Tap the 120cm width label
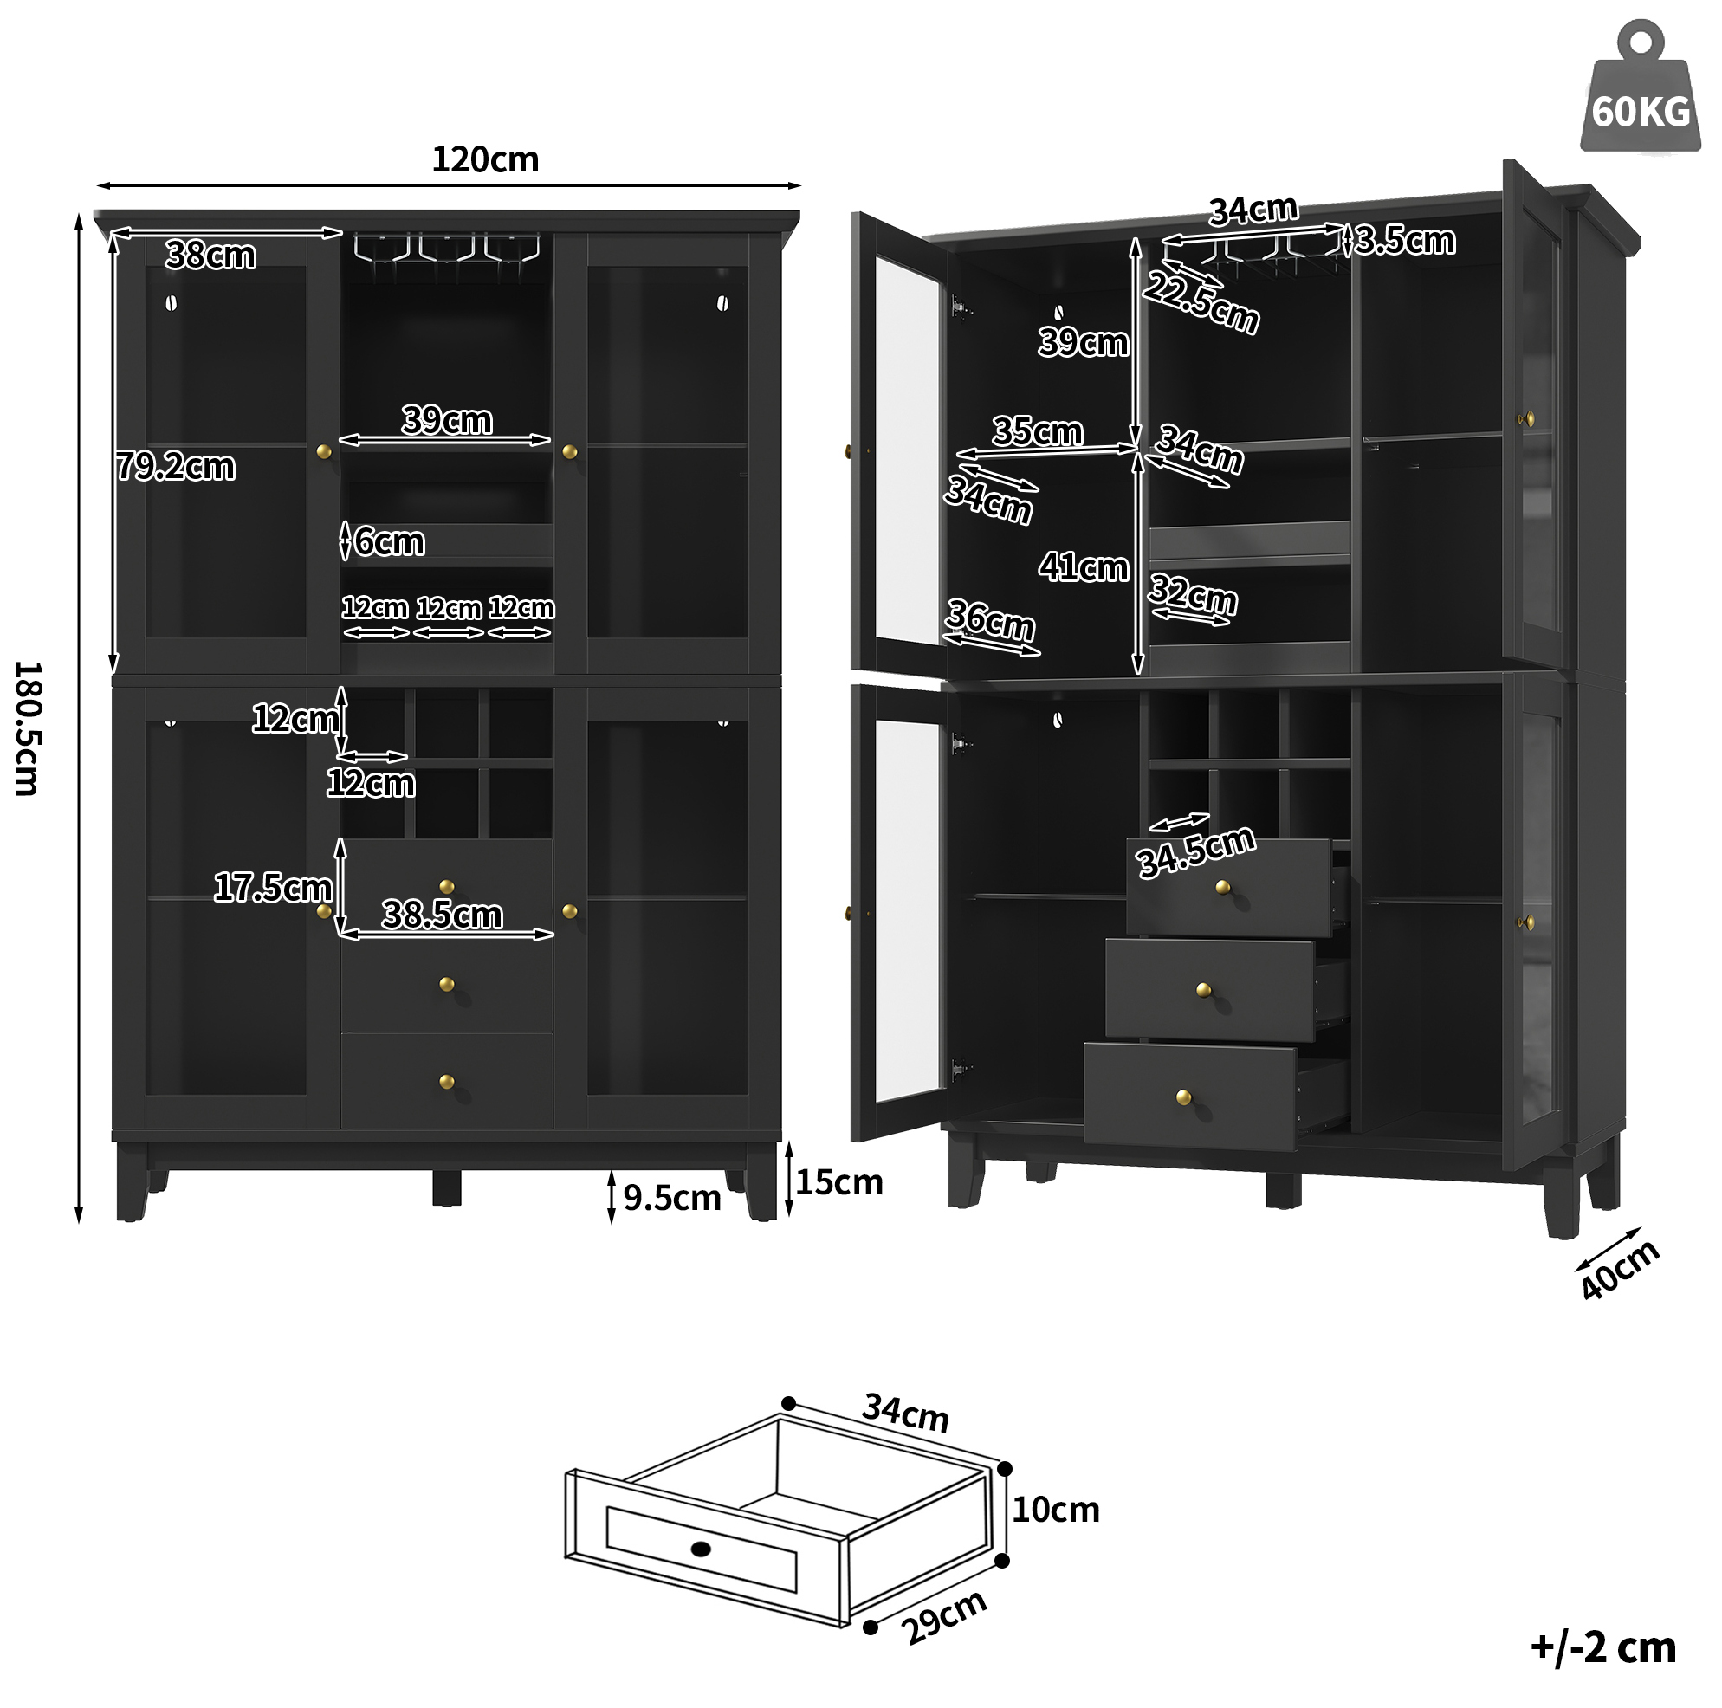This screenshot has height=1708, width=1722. click(x=485, y=159)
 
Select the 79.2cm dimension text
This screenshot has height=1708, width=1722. click(x=176, y=466)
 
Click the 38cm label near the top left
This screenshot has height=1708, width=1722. click(x=210, y=256)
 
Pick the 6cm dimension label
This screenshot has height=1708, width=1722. click(x=390, y=542)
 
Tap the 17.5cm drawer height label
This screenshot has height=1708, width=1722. click(x=273, y=888)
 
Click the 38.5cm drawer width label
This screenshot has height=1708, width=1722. click(x=442, y=915)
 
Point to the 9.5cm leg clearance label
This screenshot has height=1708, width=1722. click(x=672, y=1198)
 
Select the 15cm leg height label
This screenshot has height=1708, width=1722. click(x=838, y=1182)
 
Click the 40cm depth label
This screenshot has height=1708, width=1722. click(x=1621, y=1270)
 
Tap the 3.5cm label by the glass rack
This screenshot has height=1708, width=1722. click(x=1406, y=241)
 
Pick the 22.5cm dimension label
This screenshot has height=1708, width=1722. click(x=1201, y=302)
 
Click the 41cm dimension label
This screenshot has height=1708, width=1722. click(x=1083, y=567)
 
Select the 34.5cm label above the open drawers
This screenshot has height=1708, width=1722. click(x=1196, y=851)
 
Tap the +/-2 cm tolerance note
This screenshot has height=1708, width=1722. click(x=1603, y=1647)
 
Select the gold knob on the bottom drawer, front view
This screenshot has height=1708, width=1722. click(x=447, y=1082)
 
